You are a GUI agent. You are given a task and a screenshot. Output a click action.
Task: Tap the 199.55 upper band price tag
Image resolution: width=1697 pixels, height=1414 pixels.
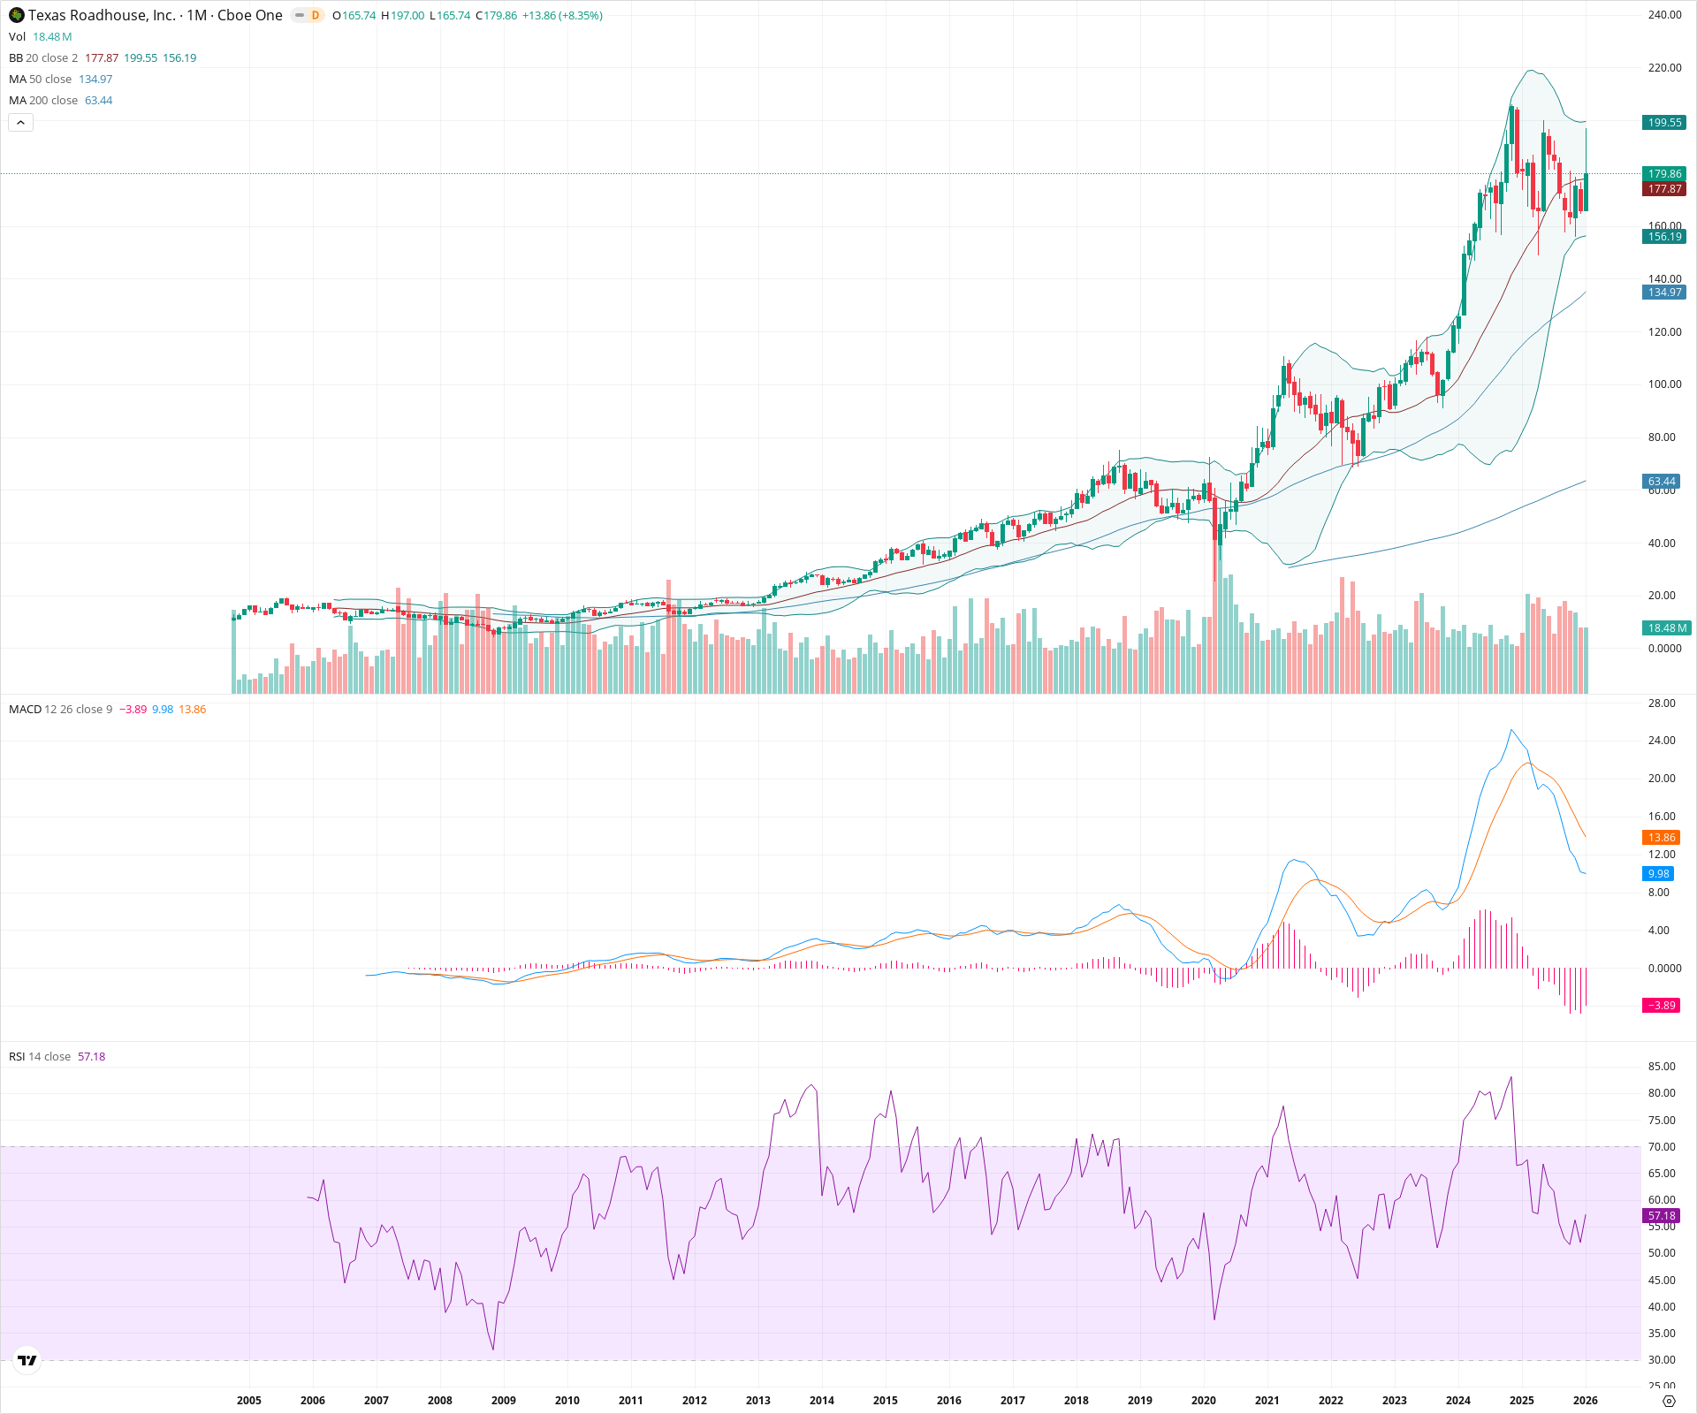coord(1664,123)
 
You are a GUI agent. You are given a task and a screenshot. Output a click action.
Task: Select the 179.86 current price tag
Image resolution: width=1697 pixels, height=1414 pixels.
coord(1664,174)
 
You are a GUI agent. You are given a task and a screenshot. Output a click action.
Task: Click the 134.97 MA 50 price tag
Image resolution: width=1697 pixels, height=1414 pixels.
coord(1664,293)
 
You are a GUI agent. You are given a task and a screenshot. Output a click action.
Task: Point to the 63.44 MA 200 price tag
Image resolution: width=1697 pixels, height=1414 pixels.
coord(1662,482)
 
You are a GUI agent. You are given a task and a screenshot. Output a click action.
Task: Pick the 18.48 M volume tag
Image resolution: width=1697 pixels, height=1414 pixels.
coord(1666,628)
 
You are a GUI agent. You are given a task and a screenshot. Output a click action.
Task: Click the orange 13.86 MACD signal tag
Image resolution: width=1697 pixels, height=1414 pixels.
coord(1662,838)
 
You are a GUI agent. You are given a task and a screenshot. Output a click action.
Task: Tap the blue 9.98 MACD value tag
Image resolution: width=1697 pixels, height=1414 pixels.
coord(1659,874)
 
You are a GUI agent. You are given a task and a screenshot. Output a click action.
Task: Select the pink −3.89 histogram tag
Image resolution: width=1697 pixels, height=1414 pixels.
coord(1662,1006)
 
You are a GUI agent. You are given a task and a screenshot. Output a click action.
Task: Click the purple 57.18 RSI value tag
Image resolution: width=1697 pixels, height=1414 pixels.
coord(1662,1216)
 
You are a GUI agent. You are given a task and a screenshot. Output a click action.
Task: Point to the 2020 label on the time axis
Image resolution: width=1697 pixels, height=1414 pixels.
coord(1203,1401)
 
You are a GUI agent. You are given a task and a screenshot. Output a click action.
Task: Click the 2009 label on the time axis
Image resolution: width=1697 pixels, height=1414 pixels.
coord(503,1401)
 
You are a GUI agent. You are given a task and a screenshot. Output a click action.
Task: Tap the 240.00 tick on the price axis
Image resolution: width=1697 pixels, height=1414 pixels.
coord(1664,15)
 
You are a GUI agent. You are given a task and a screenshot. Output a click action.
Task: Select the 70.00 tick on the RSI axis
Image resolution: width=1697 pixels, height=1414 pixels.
coord(1662,1147)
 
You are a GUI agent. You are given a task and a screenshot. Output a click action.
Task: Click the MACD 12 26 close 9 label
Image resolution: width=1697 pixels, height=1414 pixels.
coord(60,710)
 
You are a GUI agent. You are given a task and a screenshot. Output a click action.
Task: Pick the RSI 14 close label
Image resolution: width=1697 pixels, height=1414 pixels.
coord(39,1057)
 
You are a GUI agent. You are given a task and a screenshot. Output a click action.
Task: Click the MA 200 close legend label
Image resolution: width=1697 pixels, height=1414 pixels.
coord(43,101)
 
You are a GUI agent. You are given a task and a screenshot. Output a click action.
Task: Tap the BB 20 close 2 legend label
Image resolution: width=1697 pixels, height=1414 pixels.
coord(43,58)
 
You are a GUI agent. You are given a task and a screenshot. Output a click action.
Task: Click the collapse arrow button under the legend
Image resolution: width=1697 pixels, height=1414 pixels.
coord(20,123)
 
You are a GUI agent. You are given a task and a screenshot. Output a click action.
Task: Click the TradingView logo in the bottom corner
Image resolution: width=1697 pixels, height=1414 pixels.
coord(27,1360)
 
